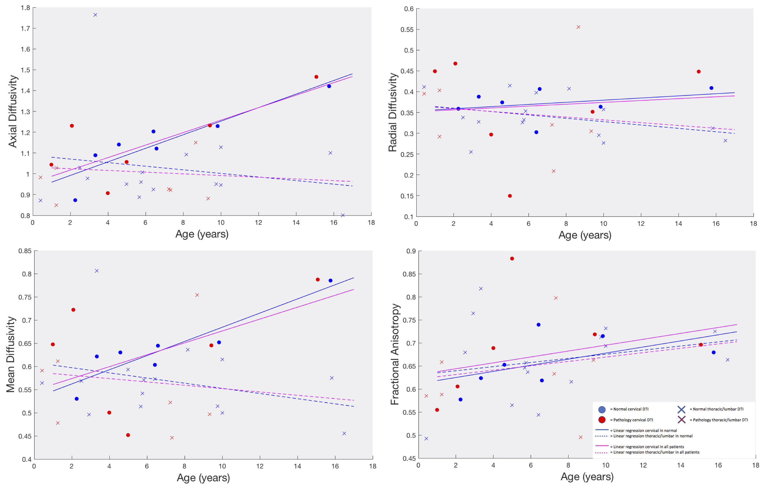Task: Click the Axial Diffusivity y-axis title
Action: (13, 111)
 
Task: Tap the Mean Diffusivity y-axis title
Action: (11, 354)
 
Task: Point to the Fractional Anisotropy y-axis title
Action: (395, 354)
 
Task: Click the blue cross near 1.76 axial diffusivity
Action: (95, 15)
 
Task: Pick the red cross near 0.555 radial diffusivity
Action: (578, 27)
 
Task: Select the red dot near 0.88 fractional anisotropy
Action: (512, 259)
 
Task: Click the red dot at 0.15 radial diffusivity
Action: (510, 196)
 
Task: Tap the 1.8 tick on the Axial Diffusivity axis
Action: (25, 8)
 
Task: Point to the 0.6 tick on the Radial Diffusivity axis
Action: (409, 9)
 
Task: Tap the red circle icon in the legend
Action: (601, 420)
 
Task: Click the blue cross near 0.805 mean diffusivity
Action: (97, 271)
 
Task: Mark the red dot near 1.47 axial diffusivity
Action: (316, 77)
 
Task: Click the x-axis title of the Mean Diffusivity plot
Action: (203, 478)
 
